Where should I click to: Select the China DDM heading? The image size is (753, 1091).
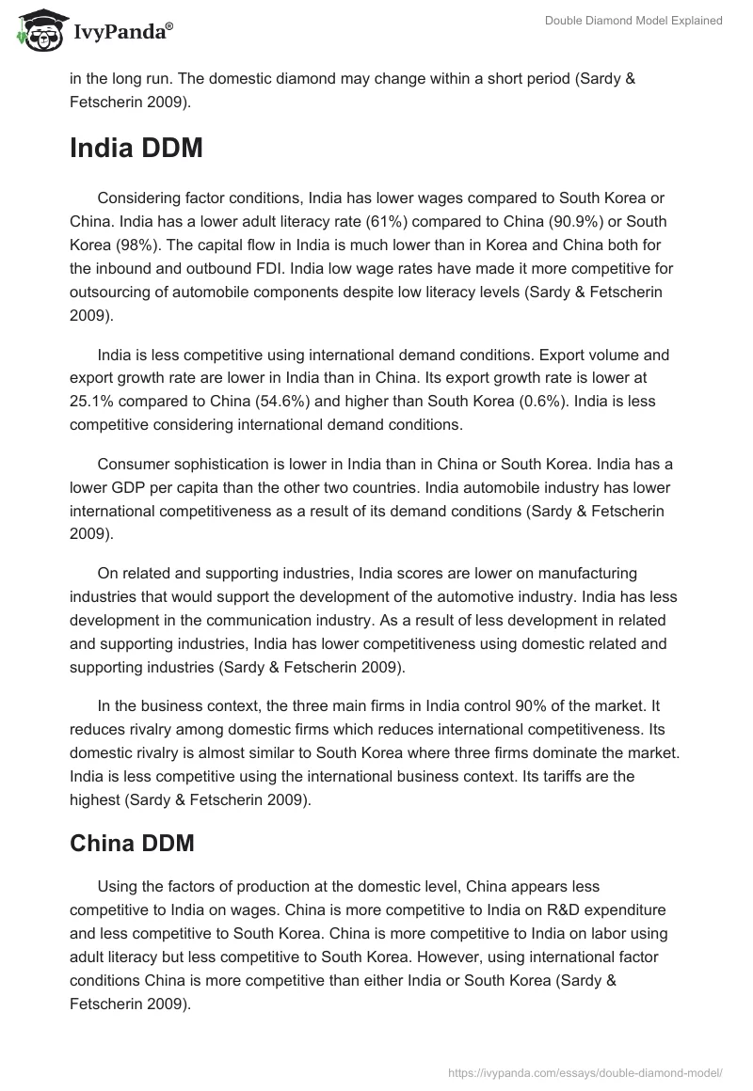click(132, 844)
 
